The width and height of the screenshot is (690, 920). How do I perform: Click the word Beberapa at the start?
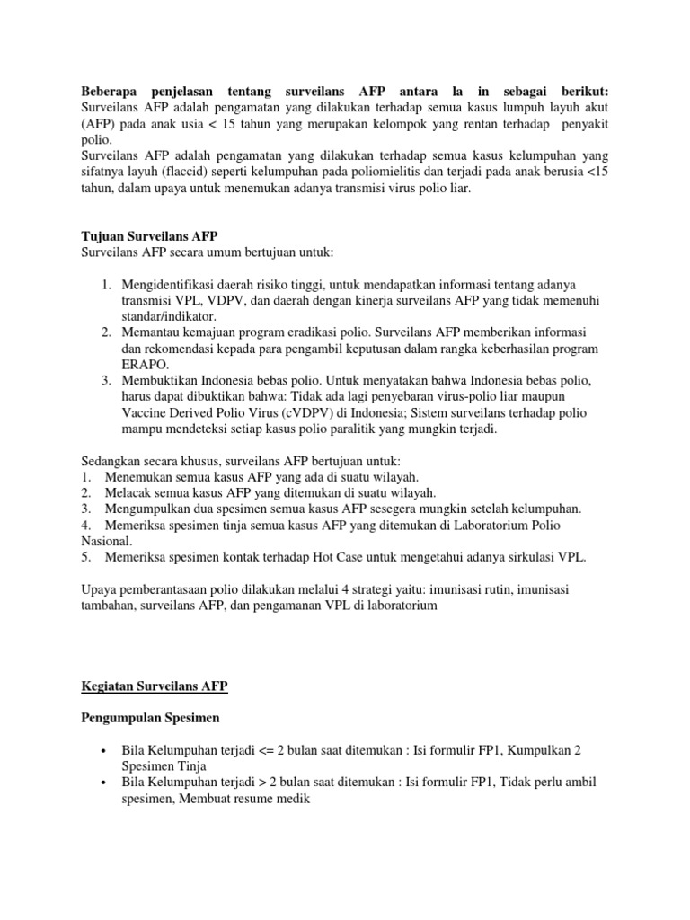coord(108,91)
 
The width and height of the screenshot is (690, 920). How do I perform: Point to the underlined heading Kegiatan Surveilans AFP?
coord(155,686)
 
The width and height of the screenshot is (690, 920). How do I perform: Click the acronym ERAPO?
coord(143,365)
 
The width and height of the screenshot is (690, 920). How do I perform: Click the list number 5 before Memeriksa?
coord(85,557)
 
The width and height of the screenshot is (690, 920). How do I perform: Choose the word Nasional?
coord(107,541)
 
